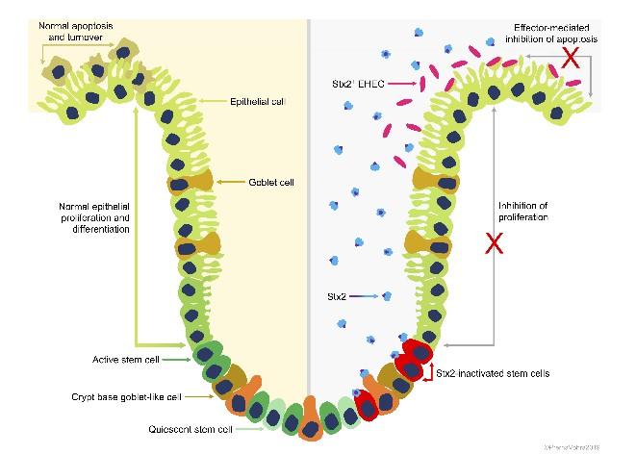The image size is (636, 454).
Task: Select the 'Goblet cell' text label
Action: click(x=272, y=181)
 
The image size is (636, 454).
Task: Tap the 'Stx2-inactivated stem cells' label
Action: click(x=492, y=372)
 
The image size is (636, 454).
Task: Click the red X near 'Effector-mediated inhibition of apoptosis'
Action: click(x=571, y=58)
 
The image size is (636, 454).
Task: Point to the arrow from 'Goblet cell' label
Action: click(x=231, y=181)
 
